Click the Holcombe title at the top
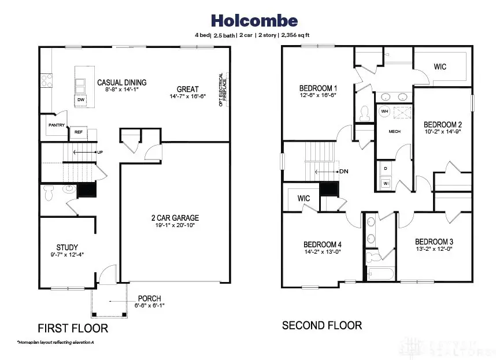tap(254, 21)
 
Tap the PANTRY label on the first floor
tap(56, 125)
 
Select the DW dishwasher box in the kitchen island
tap(81, 99)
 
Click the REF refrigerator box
tap(79, 132)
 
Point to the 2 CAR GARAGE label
tap(175, 218)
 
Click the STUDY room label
tap(67, 247)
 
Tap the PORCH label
tap(149, 298)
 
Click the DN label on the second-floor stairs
tap(343, 172)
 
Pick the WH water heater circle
tap(384, 111)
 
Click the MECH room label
tap(394, 132)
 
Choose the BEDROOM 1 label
tap(317, 88)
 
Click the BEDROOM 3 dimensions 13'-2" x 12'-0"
tap(434, 250)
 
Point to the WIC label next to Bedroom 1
tap(440, 66)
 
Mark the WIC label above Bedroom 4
tap(304, 199)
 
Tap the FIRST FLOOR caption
tap(73, 328)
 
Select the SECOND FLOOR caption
tap(322, 325)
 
